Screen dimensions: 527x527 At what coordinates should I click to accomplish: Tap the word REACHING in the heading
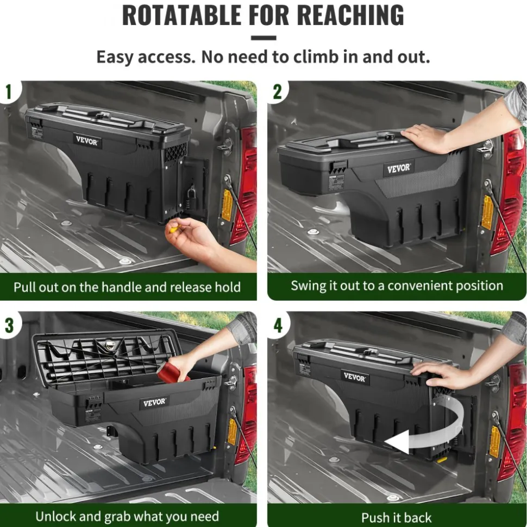tap(352, 15)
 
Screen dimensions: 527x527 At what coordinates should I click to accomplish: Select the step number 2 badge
tap(277, 91)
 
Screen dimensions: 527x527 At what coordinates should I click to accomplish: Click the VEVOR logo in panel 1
tap(87, 141)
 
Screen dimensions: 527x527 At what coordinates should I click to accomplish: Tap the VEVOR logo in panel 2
tap(398, 168)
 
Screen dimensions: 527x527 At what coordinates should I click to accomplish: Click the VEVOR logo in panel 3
tap(154, 402)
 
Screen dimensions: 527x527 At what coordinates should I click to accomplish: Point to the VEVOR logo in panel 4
tap(354, 377)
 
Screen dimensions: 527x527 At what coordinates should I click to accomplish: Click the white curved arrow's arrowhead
tap(397, 441)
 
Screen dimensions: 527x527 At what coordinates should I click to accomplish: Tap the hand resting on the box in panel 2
tap(424, 137)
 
